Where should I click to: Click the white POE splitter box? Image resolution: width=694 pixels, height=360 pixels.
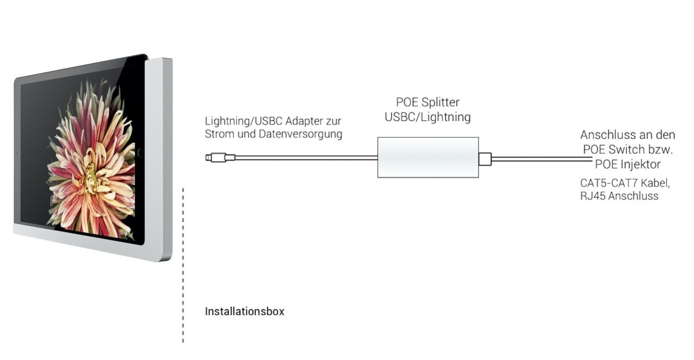[428, 157]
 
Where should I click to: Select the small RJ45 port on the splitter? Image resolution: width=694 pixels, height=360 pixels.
[485, 157]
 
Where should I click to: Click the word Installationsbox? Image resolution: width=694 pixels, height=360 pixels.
[244, 311]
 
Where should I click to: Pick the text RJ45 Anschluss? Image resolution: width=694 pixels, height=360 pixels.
[619, 196]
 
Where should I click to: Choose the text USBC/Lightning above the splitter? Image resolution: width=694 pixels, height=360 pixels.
[428, 116]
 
